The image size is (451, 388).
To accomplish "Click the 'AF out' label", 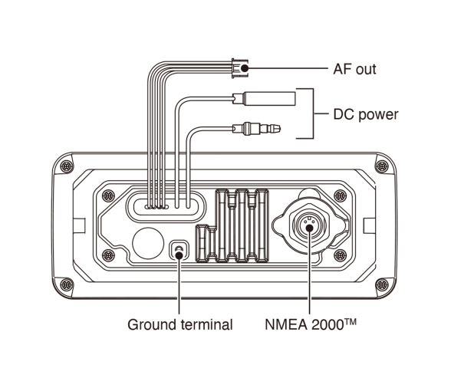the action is point(354,69).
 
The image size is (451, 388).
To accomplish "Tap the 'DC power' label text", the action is point(366,114).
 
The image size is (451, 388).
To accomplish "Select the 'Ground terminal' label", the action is point(180,324).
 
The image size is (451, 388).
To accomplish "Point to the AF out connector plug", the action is point(239,68).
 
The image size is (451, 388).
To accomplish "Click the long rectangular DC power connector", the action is point(264,99).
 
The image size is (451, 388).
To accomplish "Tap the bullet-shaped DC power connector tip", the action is point(256,128).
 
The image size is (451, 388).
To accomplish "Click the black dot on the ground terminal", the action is point(179,255).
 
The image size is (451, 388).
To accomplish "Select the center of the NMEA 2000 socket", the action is point(309,228).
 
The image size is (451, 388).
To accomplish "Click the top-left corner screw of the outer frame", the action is point(67,166).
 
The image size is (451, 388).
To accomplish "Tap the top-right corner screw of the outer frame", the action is point(382,166).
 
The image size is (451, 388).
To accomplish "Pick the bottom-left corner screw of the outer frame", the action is point(67,285).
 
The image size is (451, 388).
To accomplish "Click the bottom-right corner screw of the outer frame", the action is point(382,285).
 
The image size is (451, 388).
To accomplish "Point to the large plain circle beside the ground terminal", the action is point(148,243).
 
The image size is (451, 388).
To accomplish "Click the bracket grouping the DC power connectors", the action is point(313,113).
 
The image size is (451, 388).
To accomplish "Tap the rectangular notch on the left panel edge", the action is point(79,225).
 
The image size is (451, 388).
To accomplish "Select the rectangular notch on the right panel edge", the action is point(370,225).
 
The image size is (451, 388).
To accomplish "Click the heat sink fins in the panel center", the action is point(232,225).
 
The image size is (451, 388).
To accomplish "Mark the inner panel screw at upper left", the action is point(108,196).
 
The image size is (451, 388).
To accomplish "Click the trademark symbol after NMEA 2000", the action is point(351,321).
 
